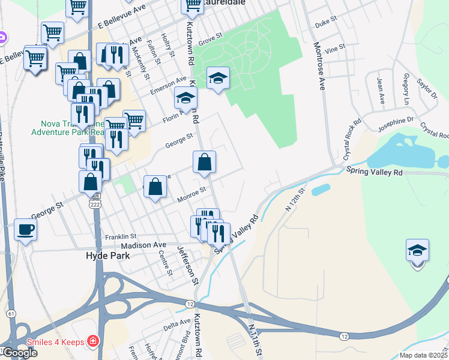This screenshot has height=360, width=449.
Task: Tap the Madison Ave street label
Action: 143,245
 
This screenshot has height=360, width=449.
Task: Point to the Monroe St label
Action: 191,195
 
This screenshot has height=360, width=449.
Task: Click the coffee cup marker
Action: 25,229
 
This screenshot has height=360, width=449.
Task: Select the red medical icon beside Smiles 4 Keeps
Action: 92,342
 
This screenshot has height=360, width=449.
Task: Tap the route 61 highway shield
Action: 11,314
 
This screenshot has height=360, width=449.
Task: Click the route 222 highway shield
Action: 95,204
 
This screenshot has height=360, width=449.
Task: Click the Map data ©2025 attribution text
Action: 424,355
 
